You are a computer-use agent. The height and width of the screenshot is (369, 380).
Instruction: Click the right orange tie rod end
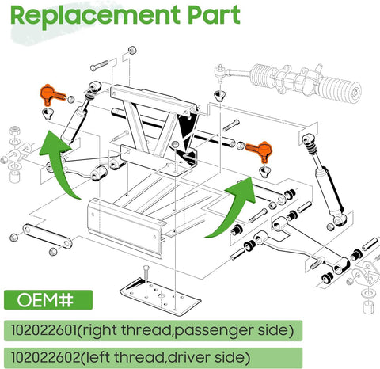[x=259, y=148]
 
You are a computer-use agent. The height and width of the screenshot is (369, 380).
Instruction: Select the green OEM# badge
[x=47, y=301]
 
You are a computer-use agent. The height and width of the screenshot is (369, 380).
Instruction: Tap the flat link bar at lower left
[x=43, y=236]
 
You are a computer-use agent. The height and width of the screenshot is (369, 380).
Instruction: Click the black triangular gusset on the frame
[x=187, y=130]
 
